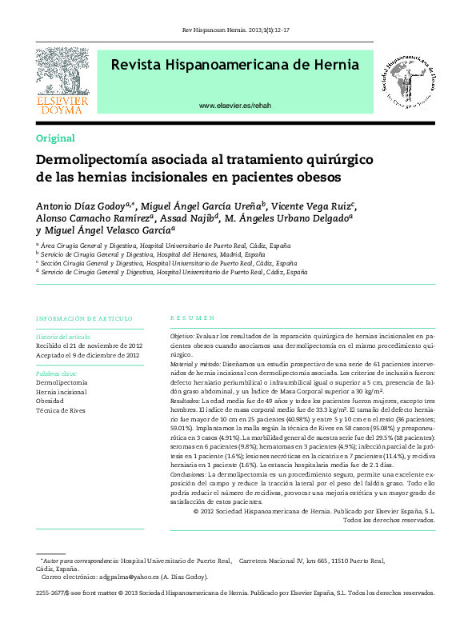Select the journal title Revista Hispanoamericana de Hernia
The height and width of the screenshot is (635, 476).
(234, 65)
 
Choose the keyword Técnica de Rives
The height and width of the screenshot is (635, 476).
(61, 410)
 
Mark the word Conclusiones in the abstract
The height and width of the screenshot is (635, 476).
(192, 474)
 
